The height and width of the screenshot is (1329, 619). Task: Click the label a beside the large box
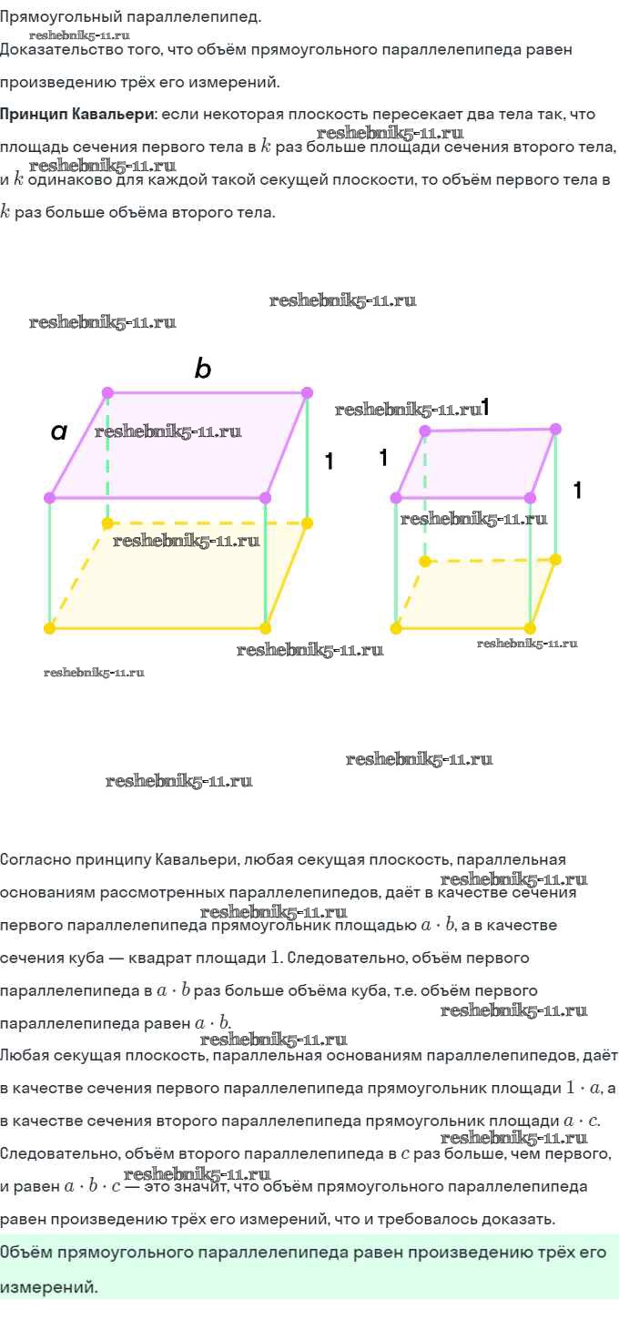(59, 431)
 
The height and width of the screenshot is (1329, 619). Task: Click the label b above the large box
(203, 369)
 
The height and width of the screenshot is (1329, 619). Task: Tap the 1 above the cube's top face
(485, 407)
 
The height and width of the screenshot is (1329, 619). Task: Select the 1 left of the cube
(383, 458)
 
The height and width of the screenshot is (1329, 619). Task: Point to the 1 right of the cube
(577, 491)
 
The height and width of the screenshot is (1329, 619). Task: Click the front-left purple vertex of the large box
(50, 497)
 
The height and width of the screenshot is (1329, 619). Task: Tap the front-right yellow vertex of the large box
(265, 628)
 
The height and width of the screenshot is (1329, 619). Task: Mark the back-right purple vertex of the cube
(555, 429)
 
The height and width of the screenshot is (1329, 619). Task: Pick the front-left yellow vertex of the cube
(396, 628)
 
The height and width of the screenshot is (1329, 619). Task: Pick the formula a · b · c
(92, 1187)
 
